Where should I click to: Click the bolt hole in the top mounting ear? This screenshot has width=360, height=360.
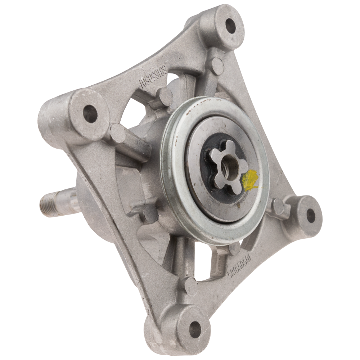tap(230, 26)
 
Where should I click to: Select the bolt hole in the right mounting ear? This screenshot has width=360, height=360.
tap(310, 215)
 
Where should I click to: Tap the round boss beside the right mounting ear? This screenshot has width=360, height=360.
tap(279, 206)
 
